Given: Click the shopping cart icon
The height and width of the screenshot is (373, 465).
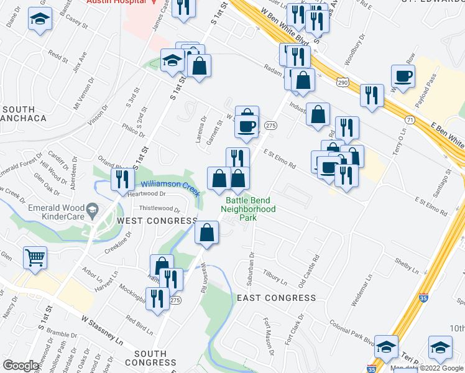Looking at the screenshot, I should click(x=35, y=257).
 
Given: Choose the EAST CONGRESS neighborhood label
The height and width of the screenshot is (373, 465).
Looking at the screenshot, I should click(x=277, y=298).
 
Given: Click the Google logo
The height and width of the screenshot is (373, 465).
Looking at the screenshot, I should click(x=21, y=366).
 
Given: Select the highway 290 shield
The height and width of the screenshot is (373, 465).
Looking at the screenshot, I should click(x=343, y=82).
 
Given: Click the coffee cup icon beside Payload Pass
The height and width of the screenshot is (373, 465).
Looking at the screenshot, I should click(x=403, y=76).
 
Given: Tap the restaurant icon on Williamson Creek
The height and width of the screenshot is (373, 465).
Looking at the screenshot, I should click(x=122, y=179).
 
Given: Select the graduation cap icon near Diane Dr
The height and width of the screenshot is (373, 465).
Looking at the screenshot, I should click(x=40, y=21).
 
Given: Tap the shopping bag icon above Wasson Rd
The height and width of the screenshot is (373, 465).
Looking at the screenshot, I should click(x=207, y=234).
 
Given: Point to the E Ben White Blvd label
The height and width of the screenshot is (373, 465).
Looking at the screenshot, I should click(x=446, y=131).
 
